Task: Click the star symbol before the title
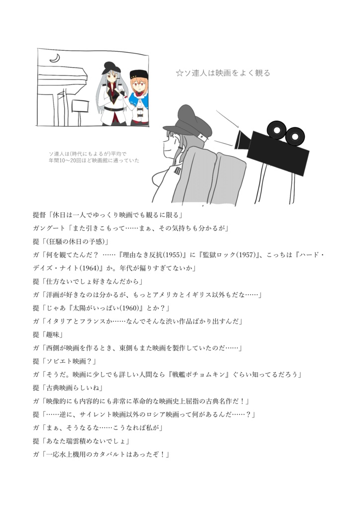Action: click(180, 73)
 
